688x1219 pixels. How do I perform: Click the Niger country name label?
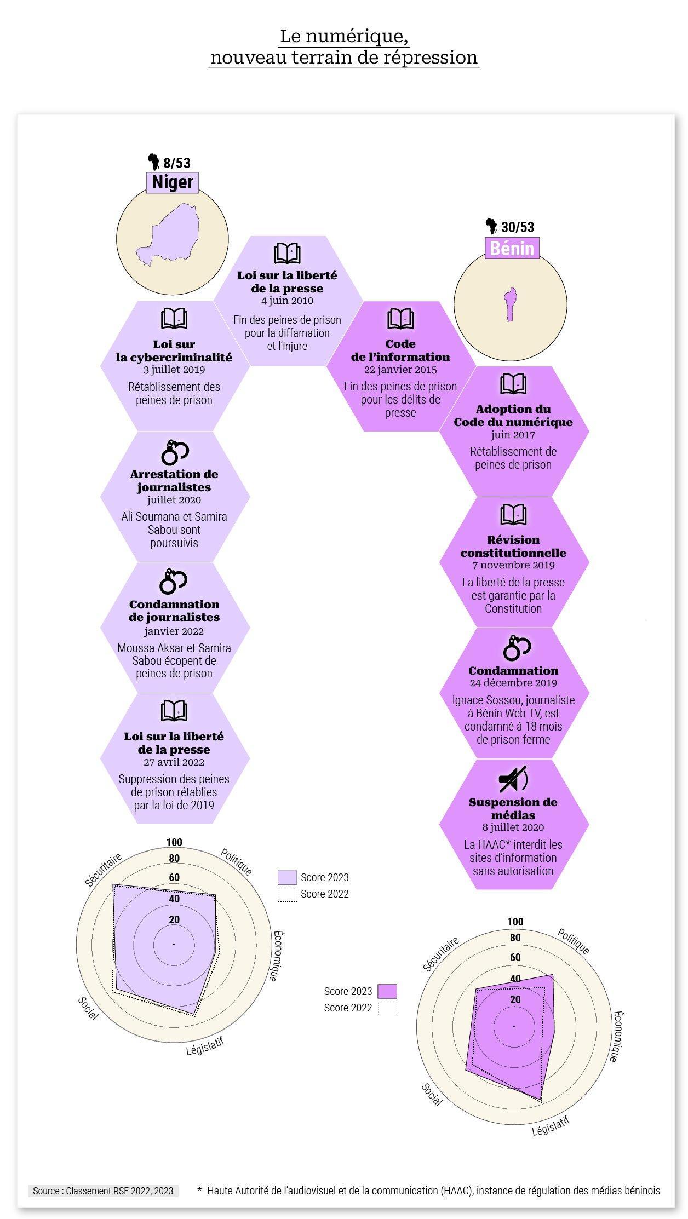coord(173,182)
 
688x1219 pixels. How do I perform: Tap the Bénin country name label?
coord(512,248)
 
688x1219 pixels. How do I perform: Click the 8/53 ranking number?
coord(176,163)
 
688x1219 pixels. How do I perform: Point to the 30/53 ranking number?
coord(517,227)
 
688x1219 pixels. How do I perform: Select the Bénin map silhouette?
coord(511,304)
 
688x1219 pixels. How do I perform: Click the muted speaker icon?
coord(513,779)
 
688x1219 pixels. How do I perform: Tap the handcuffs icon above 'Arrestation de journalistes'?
coord(175,452)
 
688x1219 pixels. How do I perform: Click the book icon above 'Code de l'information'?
coord(400,318)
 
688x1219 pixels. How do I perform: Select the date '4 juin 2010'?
coord(287,301)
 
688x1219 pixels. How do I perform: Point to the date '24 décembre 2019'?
coord(513,683)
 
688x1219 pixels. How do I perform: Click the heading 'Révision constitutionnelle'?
coord(513,546)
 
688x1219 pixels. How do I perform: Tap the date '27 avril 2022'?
coord(174,762)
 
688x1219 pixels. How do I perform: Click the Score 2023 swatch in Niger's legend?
coord(287,877)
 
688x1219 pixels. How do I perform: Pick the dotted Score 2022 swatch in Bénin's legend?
coord(387,1008)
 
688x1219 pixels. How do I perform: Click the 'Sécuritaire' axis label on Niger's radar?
coord(104,870)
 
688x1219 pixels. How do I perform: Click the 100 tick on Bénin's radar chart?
coord(515,922)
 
